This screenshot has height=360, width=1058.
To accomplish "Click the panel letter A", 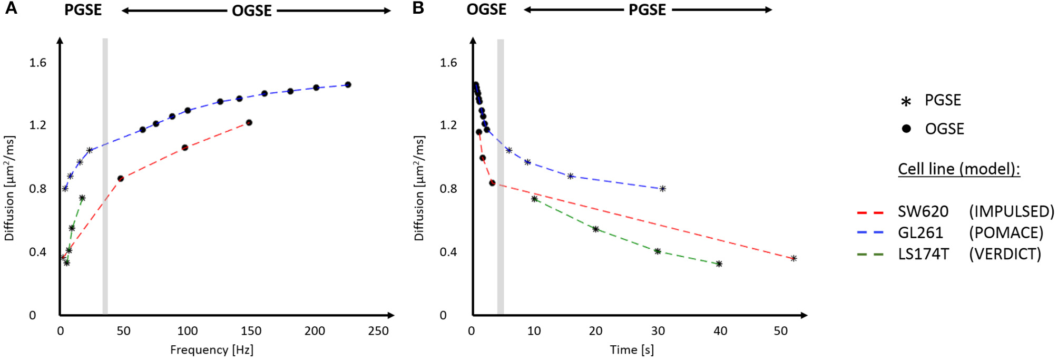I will coord(11,8).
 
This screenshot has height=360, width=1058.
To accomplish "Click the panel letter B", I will coord(418,8).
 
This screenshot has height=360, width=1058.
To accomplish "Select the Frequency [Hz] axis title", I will coord(212,350).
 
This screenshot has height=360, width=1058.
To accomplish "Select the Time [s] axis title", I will coord(632,350).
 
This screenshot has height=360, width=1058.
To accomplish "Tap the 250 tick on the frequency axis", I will coord(378,331).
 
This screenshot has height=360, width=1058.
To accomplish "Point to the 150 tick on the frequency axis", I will coord(251,331).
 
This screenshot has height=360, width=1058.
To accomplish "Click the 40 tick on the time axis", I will coord(720,331).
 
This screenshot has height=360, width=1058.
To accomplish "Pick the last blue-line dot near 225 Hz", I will coord(348,85).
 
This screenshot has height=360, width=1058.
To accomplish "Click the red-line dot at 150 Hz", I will coord(249,123).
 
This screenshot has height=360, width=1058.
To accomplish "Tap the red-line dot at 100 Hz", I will coord(185,148).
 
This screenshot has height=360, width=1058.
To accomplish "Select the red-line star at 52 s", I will coord(793,258).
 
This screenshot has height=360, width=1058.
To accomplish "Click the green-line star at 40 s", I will coord(719,264).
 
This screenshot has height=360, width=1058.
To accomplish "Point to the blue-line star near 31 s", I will coord(662,189).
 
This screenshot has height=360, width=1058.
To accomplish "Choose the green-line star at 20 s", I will coord(595,229).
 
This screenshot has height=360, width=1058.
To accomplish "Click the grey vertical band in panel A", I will coord(105,174).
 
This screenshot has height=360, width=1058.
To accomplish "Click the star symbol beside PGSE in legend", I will coord(906,102).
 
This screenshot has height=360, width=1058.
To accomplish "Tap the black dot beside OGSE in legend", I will coord(906,129).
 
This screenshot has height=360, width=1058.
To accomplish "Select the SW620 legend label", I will coord(923,212).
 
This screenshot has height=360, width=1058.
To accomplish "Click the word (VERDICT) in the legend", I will coord(1005,254).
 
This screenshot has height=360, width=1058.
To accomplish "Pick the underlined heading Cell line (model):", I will coord(959,169).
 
